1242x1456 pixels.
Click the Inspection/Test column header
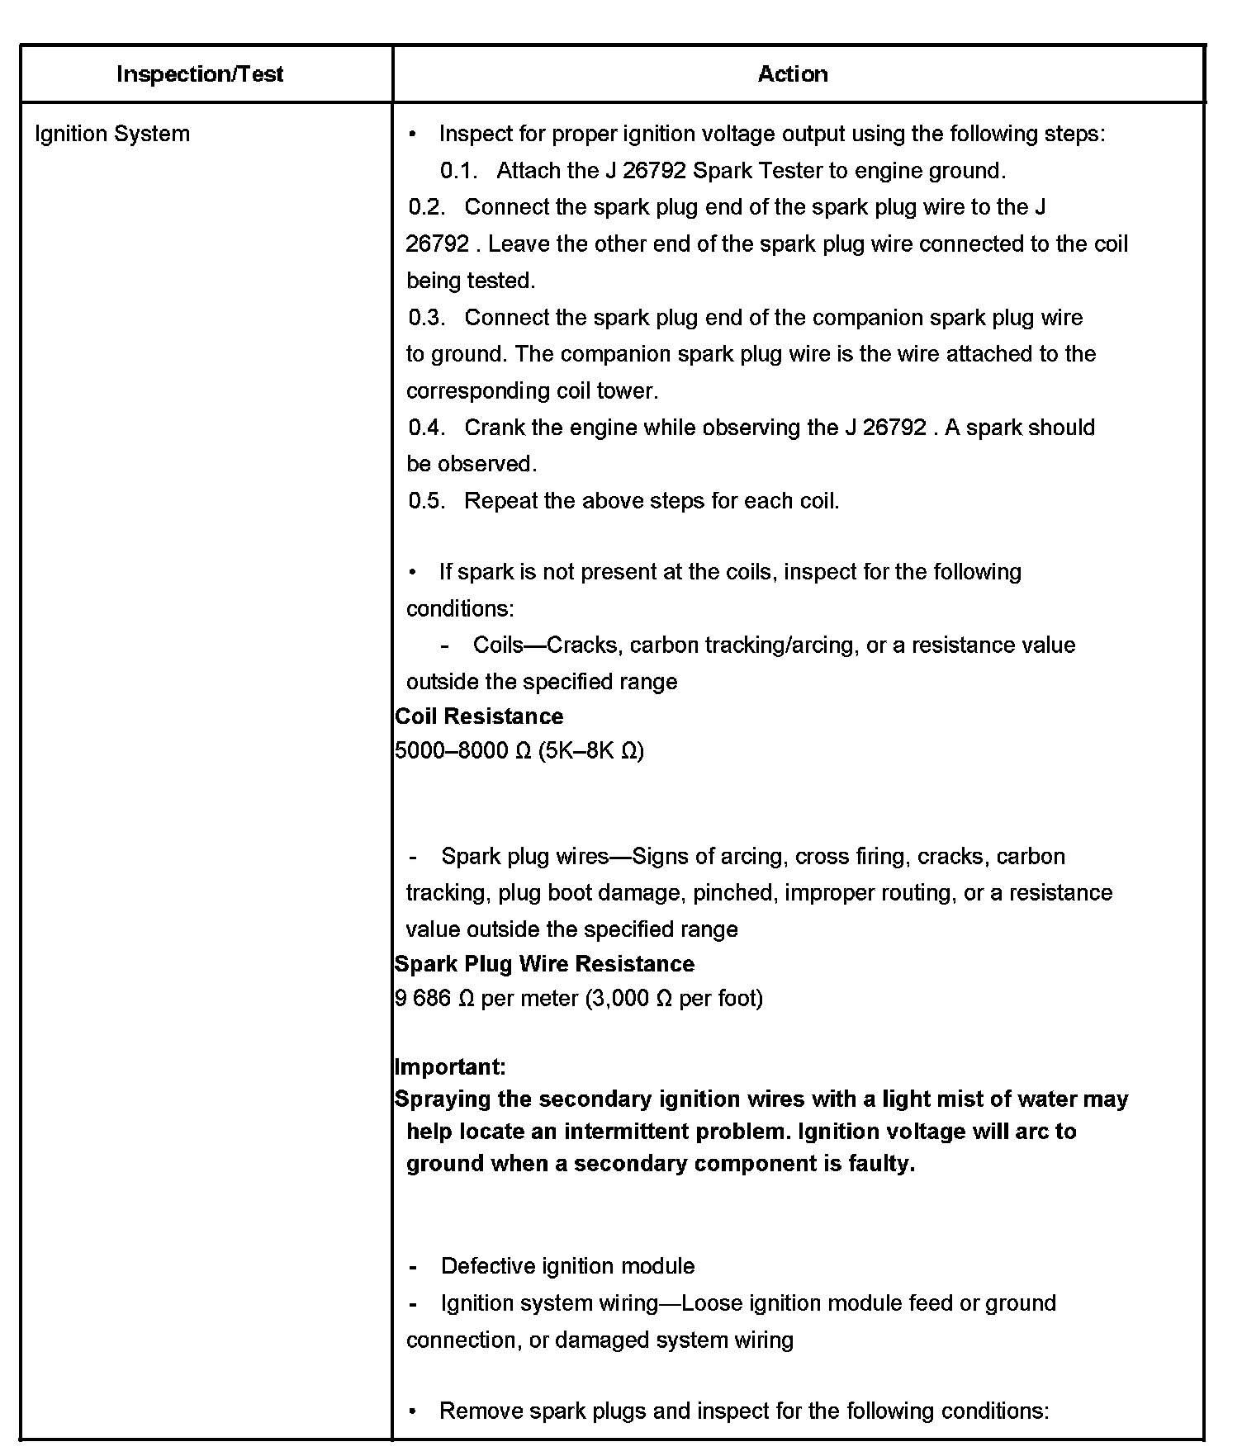[200, 74]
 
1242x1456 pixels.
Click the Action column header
[793, 74]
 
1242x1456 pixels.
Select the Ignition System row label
[112, 134]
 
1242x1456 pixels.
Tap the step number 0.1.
[459, 171]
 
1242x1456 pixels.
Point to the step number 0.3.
[427, 318]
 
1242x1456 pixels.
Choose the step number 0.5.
[427, 501]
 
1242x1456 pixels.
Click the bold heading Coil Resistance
[479, 716]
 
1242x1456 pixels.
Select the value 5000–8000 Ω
[463, 751]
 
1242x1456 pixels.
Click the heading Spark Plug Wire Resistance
[544, 964]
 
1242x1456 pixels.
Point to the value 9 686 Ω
[434, 999]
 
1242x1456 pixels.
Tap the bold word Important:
[450, 1067]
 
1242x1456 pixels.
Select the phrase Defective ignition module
[567, 1266]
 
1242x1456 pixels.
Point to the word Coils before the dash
[499, 645]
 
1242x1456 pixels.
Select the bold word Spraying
[443, 1099]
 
